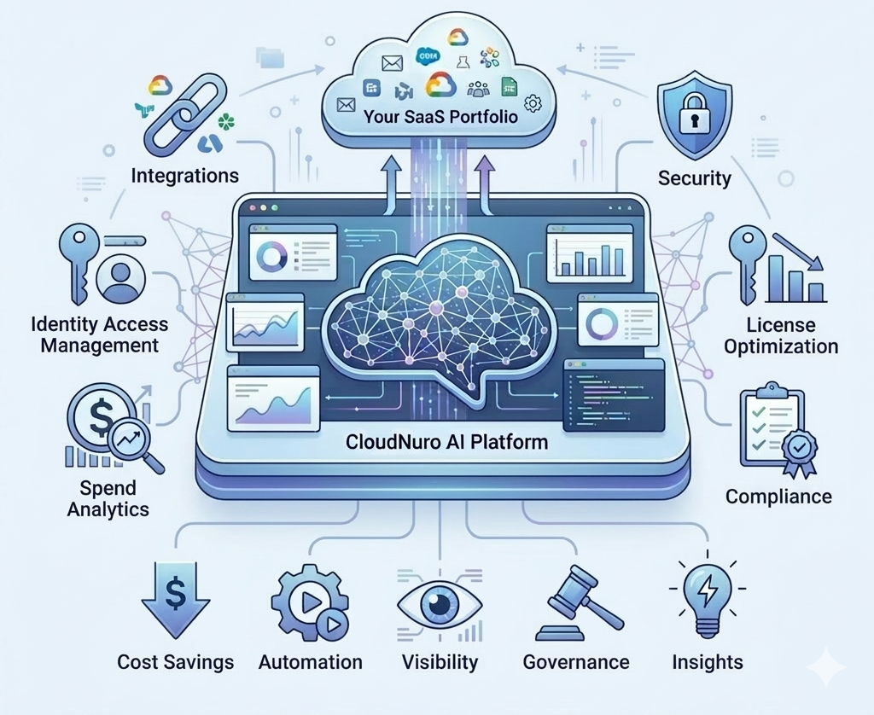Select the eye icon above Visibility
440,605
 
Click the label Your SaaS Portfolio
440,116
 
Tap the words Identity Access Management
99,334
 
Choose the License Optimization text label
779,336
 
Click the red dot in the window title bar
252,208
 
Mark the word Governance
576,662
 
